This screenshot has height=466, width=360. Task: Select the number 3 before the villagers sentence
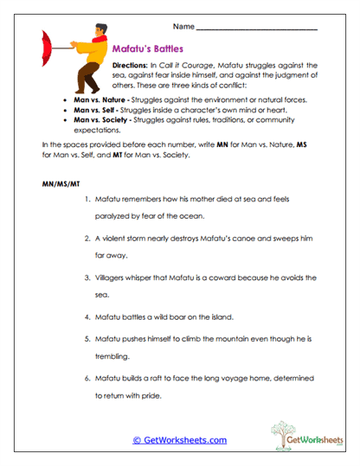[87, 278]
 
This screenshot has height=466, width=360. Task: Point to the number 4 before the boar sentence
[87, 316]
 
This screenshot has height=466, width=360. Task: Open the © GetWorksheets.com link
[179, 439]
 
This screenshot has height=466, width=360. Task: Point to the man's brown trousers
[88, 80]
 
